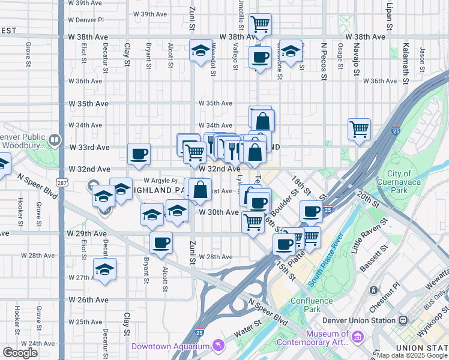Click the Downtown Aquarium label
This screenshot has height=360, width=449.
click(170, 346)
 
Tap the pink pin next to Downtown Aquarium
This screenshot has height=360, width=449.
click(218, 346)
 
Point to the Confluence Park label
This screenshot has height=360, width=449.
click(311, 305)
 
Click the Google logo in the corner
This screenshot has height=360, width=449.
click(20, 353)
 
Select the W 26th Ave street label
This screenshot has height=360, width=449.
click(89, 299)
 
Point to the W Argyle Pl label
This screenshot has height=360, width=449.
click(161, 181)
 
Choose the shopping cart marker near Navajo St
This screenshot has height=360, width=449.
click(359, 128)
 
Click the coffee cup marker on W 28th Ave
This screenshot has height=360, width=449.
click(161, 242)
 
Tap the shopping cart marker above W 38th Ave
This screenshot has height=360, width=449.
click(260, 25)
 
